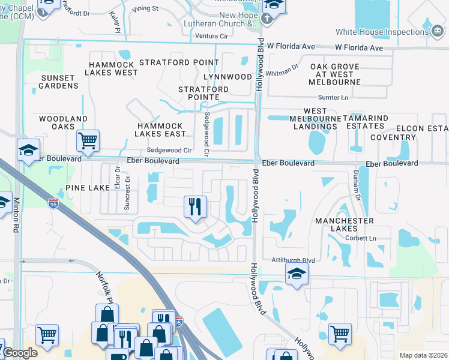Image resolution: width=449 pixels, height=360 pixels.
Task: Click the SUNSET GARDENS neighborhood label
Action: [59, 82]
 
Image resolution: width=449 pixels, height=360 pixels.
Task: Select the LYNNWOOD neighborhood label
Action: [228, 77]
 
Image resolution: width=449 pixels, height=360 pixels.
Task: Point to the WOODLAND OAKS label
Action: [63, 123]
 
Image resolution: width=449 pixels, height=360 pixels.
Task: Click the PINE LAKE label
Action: [88, 188]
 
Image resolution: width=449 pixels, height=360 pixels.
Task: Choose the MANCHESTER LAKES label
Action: [345, 225]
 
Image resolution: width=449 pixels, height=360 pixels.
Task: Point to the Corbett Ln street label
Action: [360, 238]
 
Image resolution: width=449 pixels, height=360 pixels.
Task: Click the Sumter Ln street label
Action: [333, 97]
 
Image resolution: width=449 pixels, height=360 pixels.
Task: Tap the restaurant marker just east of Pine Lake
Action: [195, 208]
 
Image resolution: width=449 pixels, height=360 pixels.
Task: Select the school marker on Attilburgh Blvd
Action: [296, 275]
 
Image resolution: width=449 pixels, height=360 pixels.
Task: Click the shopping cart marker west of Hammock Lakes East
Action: [88, 141]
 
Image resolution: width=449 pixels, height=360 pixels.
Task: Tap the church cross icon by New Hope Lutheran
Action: [267, 19]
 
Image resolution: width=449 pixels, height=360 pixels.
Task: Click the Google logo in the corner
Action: [20, 353]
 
